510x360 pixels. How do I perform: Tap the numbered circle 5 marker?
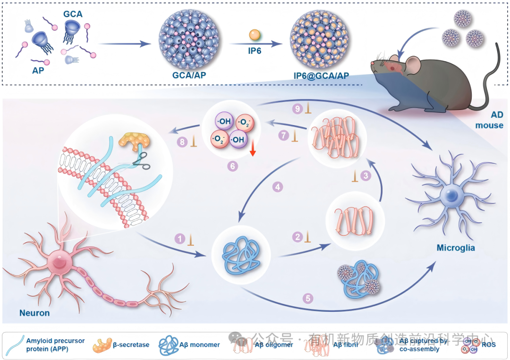coord(308,298)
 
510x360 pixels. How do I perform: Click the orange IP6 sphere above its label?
coord(255,35)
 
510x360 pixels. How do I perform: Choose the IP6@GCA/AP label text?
coord(321,75)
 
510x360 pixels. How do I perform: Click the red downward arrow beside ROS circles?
coord(253,150)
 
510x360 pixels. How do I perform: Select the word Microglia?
coord(456,248)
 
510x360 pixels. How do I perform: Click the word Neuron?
coord(34,312)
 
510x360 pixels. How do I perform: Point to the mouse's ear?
coord(412,61)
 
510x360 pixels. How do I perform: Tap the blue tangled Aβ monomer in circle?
coord(240,253)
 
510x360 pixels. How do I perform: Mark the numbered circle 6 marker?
coord(232,166)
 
